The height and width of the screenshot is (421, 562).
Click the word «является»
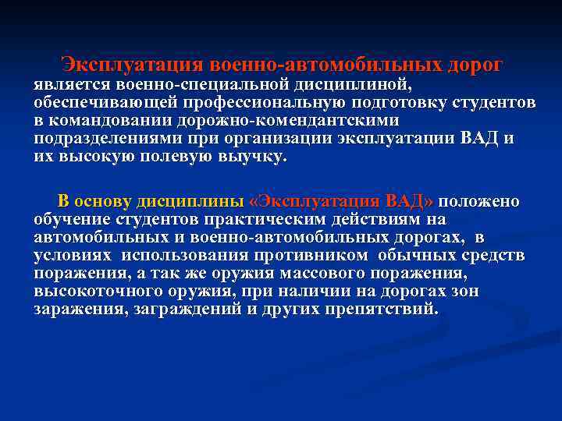(x=73, y=83)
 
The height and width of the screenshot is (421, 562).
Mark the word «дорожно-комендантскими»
(x=291, y=121)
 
